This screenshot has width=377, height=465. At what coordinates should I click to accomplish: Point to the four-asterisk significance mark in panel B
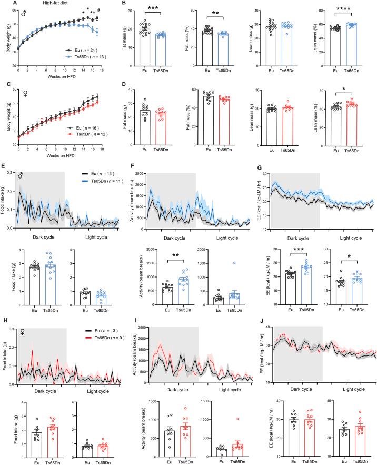(x=345, y=17)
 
